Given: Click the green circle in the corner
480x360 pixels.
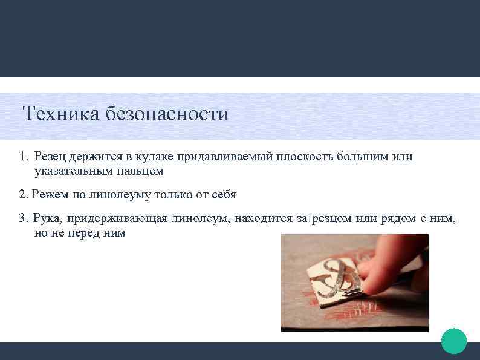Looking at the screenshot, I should click(454, 341).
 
